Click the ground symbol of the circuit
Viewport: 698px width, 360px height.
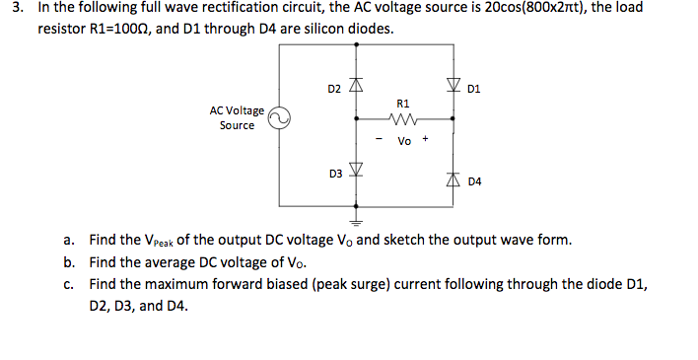(356, 222)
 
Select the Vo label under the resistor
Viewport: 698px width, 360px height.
(404, 141)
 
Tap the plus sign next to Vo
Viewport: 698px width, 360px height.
(425, 139)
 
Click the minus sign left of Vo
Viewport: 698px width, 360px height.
(380, 139)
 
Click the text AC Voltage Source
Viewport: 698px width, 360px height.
(237, 118)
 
